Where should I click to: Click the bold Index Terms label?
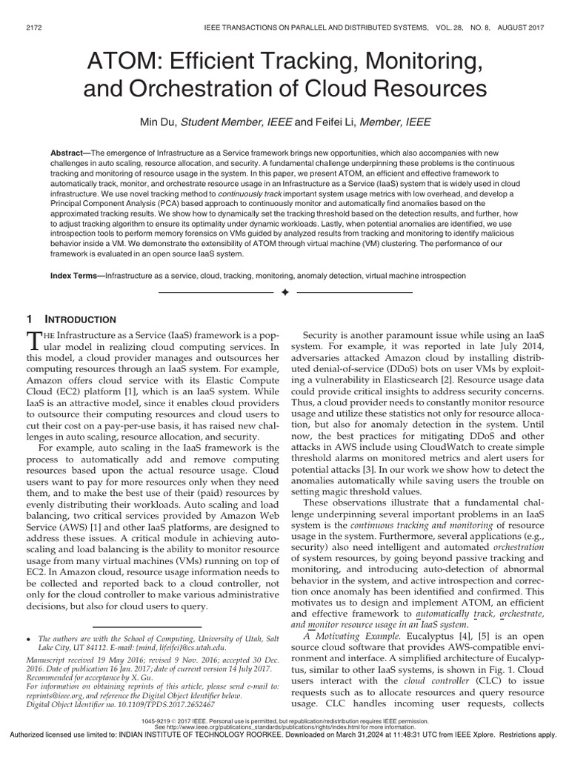coord(75,275)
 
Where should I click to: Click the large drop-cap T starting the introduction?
coord(34,340)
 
